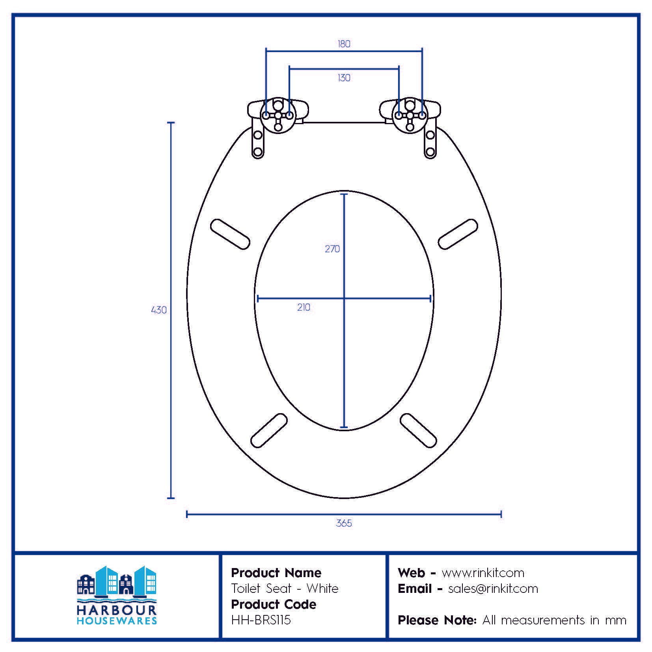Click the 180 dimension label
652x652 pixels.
point(344,44)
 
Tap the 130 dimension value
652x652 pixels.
point(344,78)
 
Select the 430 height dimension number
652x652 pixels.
point(158,310)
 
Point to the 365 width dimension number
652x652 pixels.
point(344,523)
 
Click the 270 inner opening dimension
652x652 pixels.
point(332,249)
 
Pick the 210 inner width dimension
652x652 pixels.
point(304,307)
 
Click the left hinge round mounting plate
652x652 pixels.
point(278,115)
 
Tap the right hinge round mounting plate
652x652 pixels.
point(410,115)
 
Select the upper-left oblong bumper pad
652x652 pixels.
point(230,234)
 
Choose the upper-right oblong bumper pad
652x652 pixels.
point(458,234)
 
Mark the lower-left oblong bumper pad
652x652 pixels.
point(269,430)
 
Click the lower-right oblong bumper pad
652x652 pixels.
point(418,430)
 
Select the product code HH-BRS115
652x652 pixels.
point(261,620)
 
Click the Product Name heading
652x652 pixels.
point(276,573)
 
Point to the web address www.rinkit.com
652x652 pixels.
point(483,573)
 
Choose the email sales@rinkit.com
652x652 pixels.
point(493,589)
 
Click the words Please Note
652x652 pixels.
point(437,620)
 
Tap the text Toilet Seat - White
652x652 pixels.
point(285,589)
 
